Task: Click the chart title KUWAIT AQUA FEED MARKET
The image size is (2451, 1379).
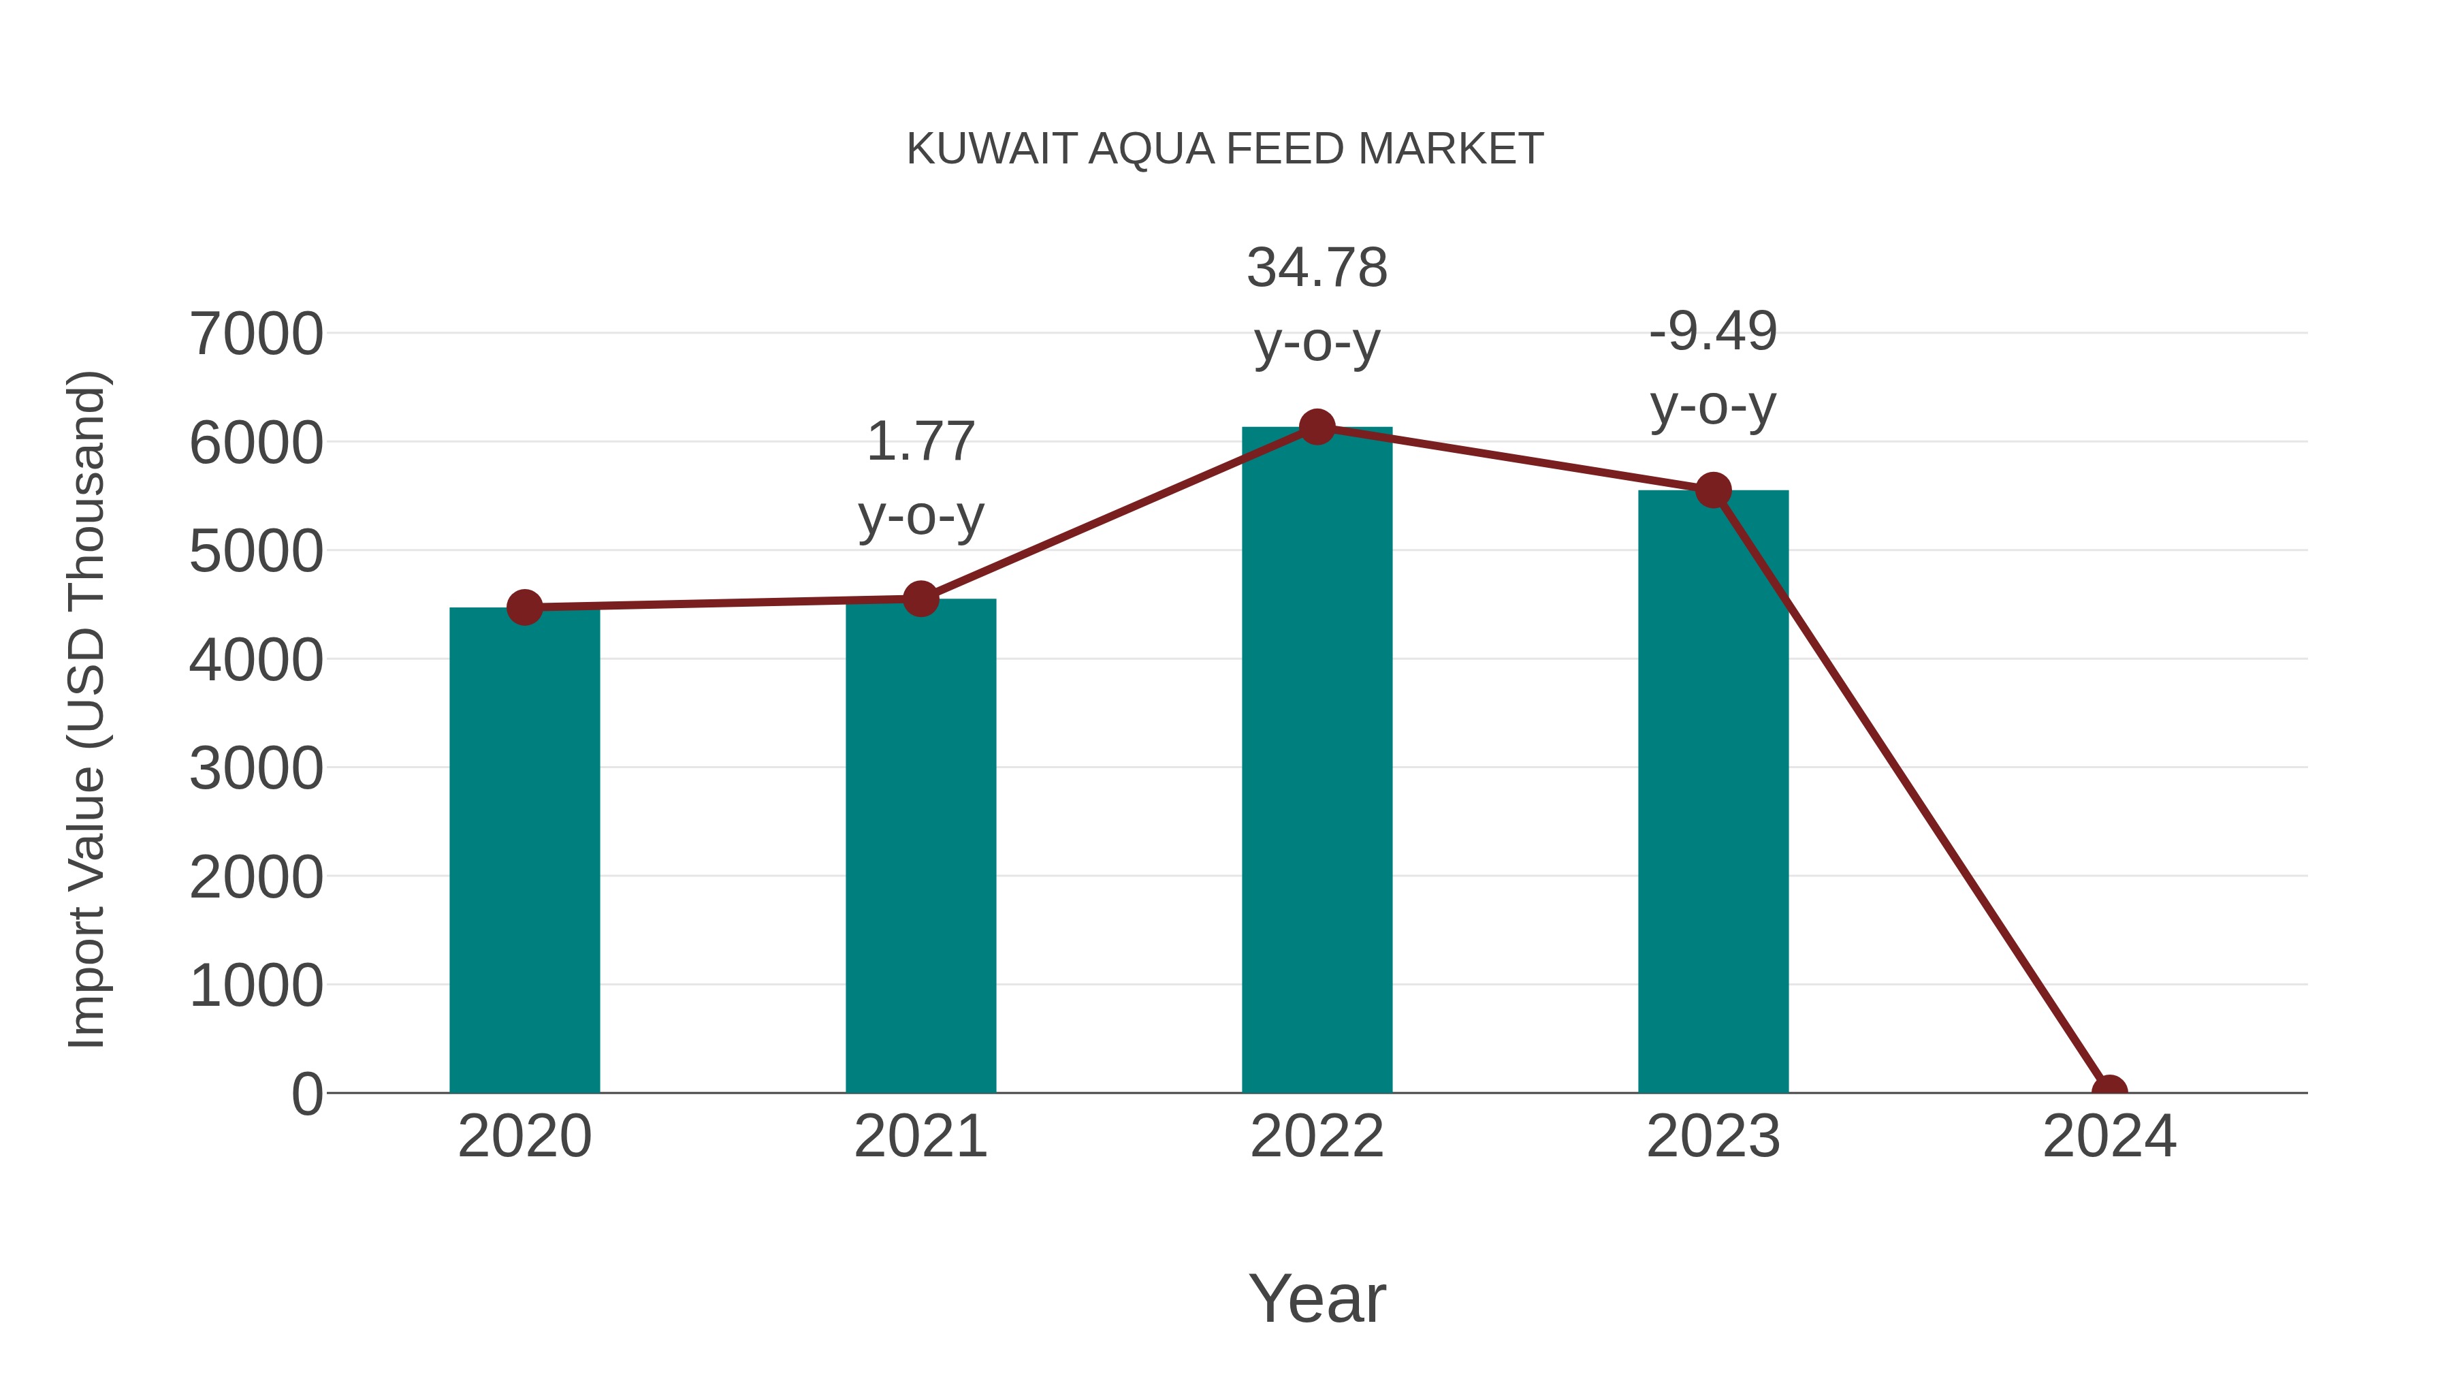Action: pos(1225,149)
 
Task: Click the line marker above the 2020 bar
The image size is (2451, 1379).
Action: pos(524,607)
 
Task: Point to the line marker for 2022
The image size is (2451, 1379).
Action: pos(1317,427)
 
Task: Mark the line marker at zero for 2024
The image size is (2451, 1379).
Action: pos(2109,1091)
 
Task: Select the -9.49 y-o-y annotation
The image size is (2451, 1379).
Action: pos(1713,368)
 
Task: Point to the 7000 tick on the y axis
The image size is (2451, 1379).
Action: pos(257,334)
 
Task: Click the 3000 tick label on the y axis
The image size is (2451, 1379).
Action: pos(257,768)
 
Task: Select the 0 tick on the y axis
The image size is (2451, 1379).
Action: pos(306,1094)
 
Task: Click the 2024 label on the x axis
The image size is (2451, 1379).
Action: pos(2109,1137)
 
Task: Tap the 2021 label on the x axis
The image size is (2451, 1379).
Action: pos(920,1137)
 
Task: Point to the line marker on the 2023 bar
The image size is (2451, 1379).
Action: pos(1713,491)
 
